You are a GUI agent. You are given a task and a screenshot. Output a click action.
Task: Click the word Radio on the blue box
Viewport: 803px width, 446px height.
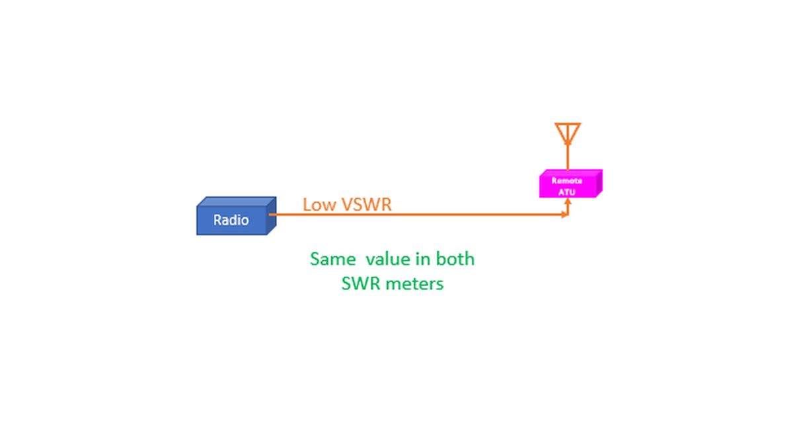[x=231, y=220]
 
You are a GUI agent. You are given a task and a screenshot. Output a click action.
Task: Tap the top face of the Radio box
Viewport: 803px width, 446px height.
[x=237, y=202]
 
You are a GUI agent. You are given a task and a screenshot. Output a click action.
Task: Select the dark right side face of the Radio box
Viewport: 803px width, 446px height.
[x=272, y=216]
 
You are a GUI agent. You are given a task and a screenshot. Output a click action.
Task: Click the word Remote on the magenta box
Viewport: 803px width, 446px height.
[x=567, y=180]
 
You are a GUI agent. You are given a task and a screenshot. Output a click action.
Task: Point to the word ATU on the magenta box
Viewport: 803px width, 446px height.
[x=567, y=192]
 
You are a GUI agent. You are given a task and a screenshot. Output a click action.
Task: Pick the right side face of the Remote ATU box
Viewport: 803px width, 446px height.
[x=599, y=183]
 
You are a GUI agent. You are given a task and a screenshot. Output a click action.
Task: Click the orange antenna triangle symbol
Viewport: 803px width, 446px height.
[x=568, y=133]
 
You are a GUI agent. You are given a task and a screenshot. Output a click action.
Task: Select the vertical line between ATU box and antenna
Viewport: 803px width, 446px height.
[x=568, y=157]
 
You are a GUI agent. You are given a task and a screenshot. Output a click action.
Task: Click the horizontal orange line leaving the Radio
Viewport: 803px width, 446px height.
[x=418, y=215]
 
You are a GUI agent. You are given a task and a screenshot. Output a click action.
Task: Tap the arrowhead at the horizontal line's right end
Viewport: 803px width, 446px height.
[x=565, y=215]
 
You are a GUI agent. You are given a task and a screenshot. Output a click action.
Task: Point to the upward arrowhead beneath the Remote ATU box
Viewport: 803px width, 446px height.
[x=568, y=202]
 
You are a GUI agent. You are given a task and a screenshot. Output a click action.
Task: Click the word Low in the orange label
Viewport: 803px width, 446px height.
[x=319, y=205]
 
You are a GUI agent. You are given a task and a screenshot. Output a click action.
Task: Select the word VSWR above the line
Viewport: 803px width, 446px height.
[x=366, y=205]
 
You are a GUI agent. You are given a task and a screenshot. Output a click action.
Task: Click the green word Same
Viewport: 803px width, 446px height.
[x=332, y=259]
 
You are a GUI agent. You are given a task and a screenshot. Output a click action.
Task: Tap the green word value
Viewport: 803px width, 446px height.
[x=388, y=259]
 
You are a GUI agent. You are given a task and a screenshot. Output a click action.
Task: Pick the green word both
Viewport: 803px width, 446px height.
[x=455, y=259]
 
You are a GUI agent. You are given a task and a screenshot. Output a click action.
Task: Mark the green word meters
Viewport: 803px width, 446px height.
[x=415, y=284]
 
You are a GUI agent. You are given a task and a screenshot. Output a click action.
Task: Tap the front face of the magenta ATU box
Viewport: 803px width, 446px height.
[x=568, y=187]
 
